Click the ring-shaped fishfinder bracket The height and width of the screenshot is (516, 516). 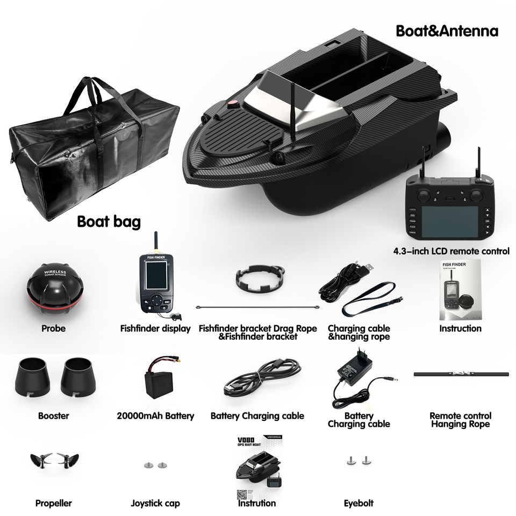(259, 278)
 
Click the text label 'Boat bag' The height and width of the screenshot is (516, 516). (109, 221)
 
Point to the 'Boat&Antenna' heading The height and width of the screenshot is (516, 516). (447, 31)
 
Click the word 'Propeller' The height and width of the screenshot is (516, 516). (53, 504)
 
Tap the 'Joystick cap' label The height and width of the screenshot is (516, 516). (155, 504)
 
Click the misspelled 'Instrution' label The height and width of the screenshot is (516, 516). (257, 504)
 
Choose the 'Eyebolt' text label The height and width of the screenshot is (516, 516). (359, 504)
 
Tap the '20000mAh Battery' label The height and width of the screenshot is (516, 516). (155, 415)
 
